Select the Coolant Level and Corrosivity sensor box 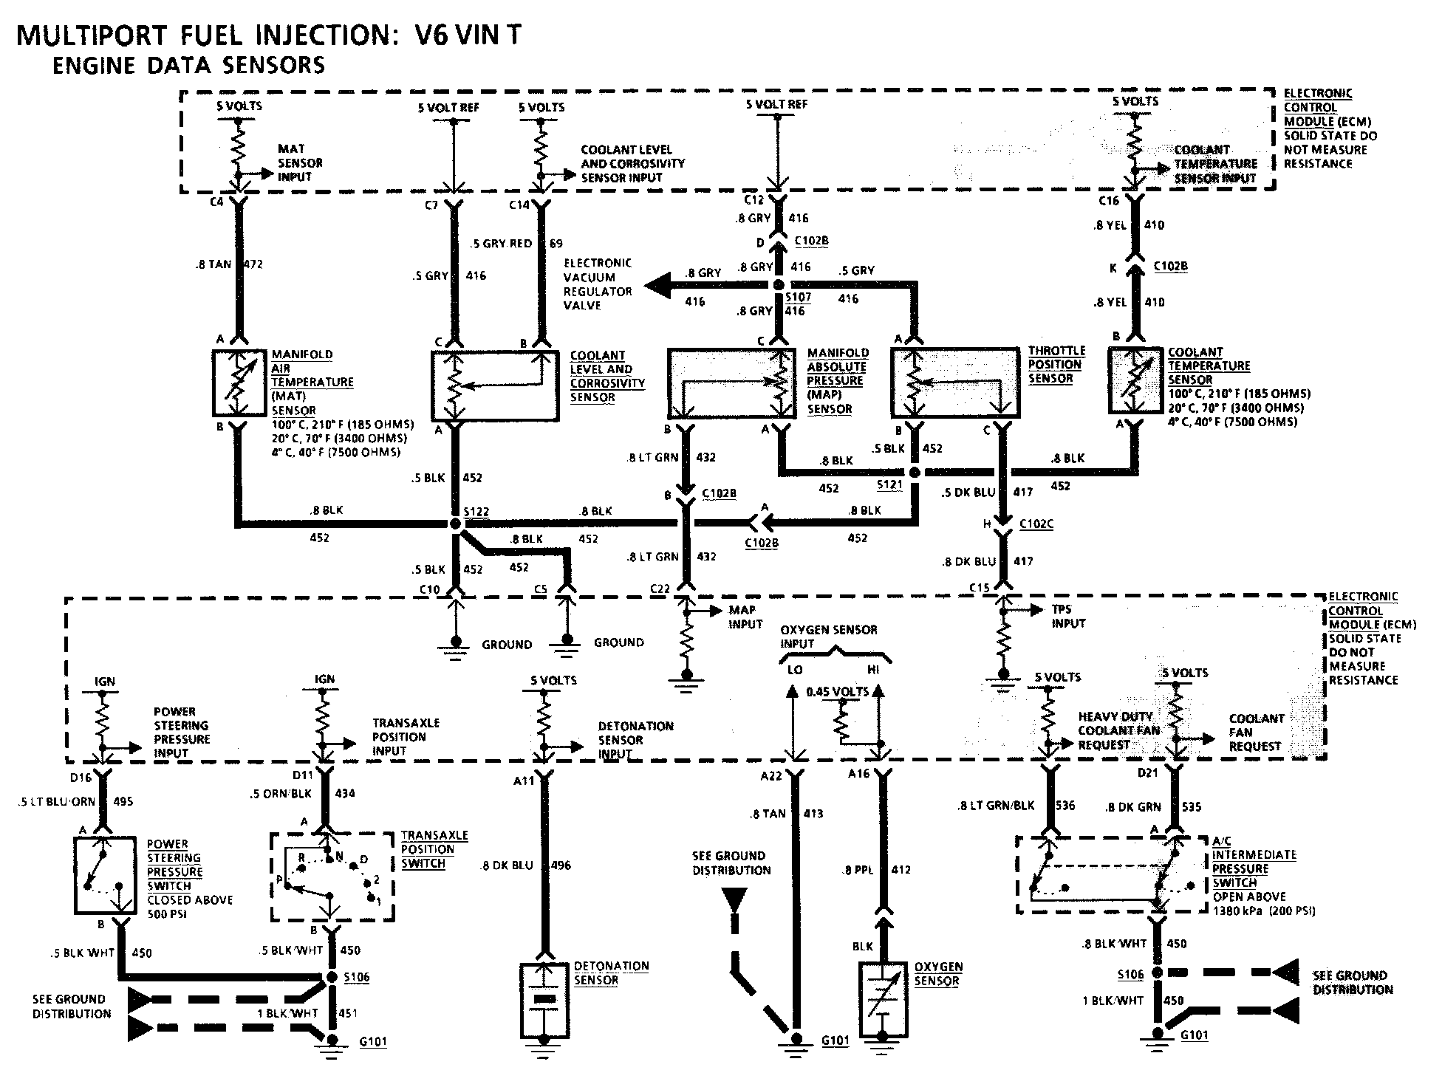pos(494,385)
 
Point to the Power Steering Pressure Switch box pos(105,875)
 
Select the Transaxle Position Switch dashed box pos(332,877)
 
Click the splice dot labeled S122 pos(455,524)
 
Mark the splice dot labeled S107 pos(777,285)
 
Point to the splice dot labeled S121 pos(915,472)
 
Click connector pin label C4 pos(216,201)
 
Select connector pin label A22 pos(770,775)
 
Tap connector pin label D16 pos(81,778)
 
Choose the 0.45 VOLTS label pos(838,692)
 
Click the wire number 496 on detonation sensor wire pos(561,865)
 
